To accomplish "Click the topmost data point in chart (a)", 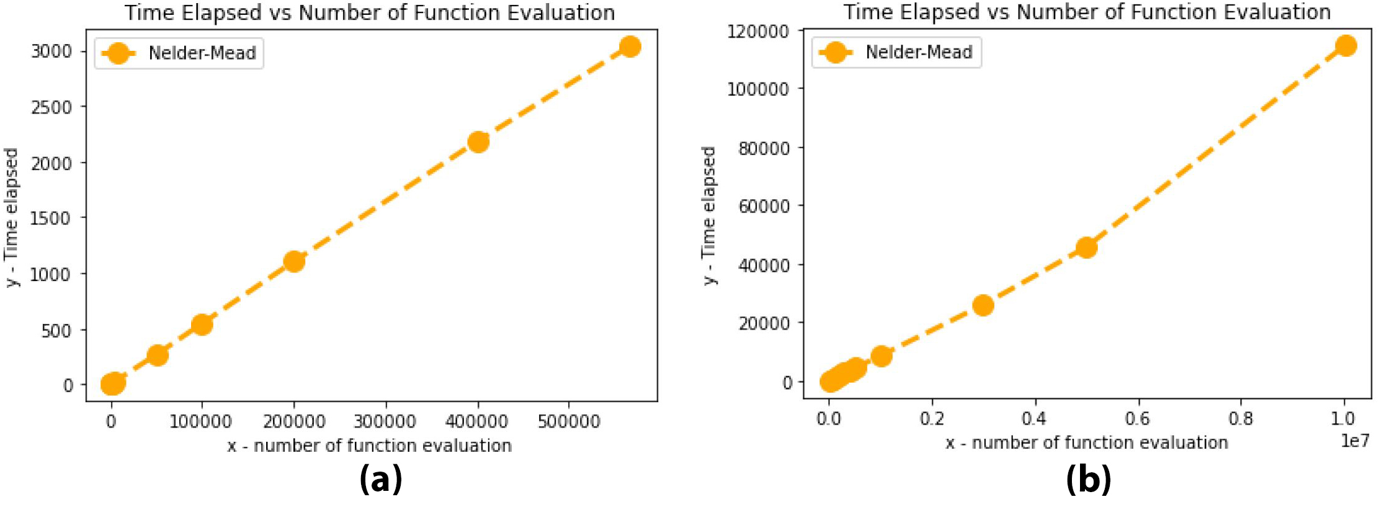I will click(x=630, y=47).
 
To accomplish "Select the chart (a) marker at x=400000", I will click(x=478, y=142).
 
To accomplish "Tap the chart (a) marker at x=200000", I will click(x=294, y=261).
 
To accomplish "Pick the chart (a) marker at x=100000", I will click(x=202, y=325).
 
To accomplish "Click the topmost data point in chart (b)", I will click(x=1346, y=46).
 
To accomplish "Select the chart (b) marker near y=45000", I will click(x=1086, y=248).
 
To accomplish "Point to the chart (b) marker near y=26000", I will click(x=983, y=305).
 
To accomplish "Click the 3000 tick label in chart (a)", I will click(x=51, y=52).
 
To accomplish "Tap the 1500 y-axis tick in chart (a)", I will click(x=51, y=218).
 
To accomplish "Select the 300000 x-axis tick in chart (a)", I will click(x=385, y=422).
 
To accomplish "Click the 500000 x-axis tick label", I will click(x=569, y=422).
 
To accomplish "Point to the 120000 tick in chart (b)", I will click(x=758, y=31).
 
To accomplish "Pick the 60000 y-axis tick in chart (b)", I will click(x=764, y=206).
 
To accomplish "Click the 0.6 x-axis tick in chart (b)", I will click(x=1137, y=419).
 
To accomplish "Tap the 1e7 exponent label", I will click(x=1355, y=441).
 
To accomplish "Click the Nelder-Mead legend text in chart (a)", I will click(x=202, y=53).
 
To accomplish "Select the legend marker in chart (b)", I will click(x=835, y=53).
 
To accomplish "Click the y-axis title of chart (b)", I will click(x=709, y=215).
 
